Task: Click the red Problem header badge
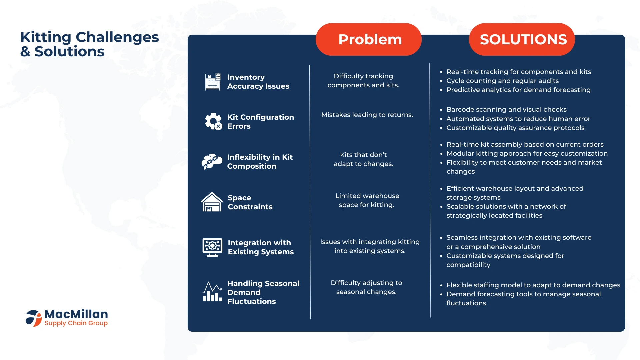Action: (368, 39)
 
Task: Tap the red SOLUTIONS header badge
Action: (522, 39)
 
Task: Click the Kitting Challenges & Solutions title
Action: (90, 44)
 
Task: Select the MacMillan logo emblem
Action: (34, 318)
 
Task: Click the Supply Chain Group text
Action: (76, 323)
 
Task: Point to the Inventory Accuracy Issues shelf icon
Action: (213, 82)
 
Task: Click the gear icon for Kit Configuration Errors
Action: (213, 121)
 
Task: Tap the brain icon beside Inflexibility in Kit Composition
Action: (212, 162)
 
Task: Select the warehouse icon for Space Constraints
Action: (212, 202)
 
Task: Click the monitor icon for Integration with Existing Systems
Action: (212, 247)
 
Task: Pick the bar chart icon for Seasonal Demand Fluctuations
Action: (212, 292)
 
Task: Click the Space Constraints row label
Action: (250, 202)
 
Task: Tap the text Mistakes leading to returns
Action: (367, 115)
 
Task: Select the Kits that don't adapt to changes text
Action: (363, 159)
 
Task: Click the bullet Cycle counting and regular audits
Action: (502, 81)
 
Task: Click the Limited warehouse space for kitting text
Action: (367, 200)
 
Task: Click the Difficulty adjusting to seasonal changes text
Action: (366, 287)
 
